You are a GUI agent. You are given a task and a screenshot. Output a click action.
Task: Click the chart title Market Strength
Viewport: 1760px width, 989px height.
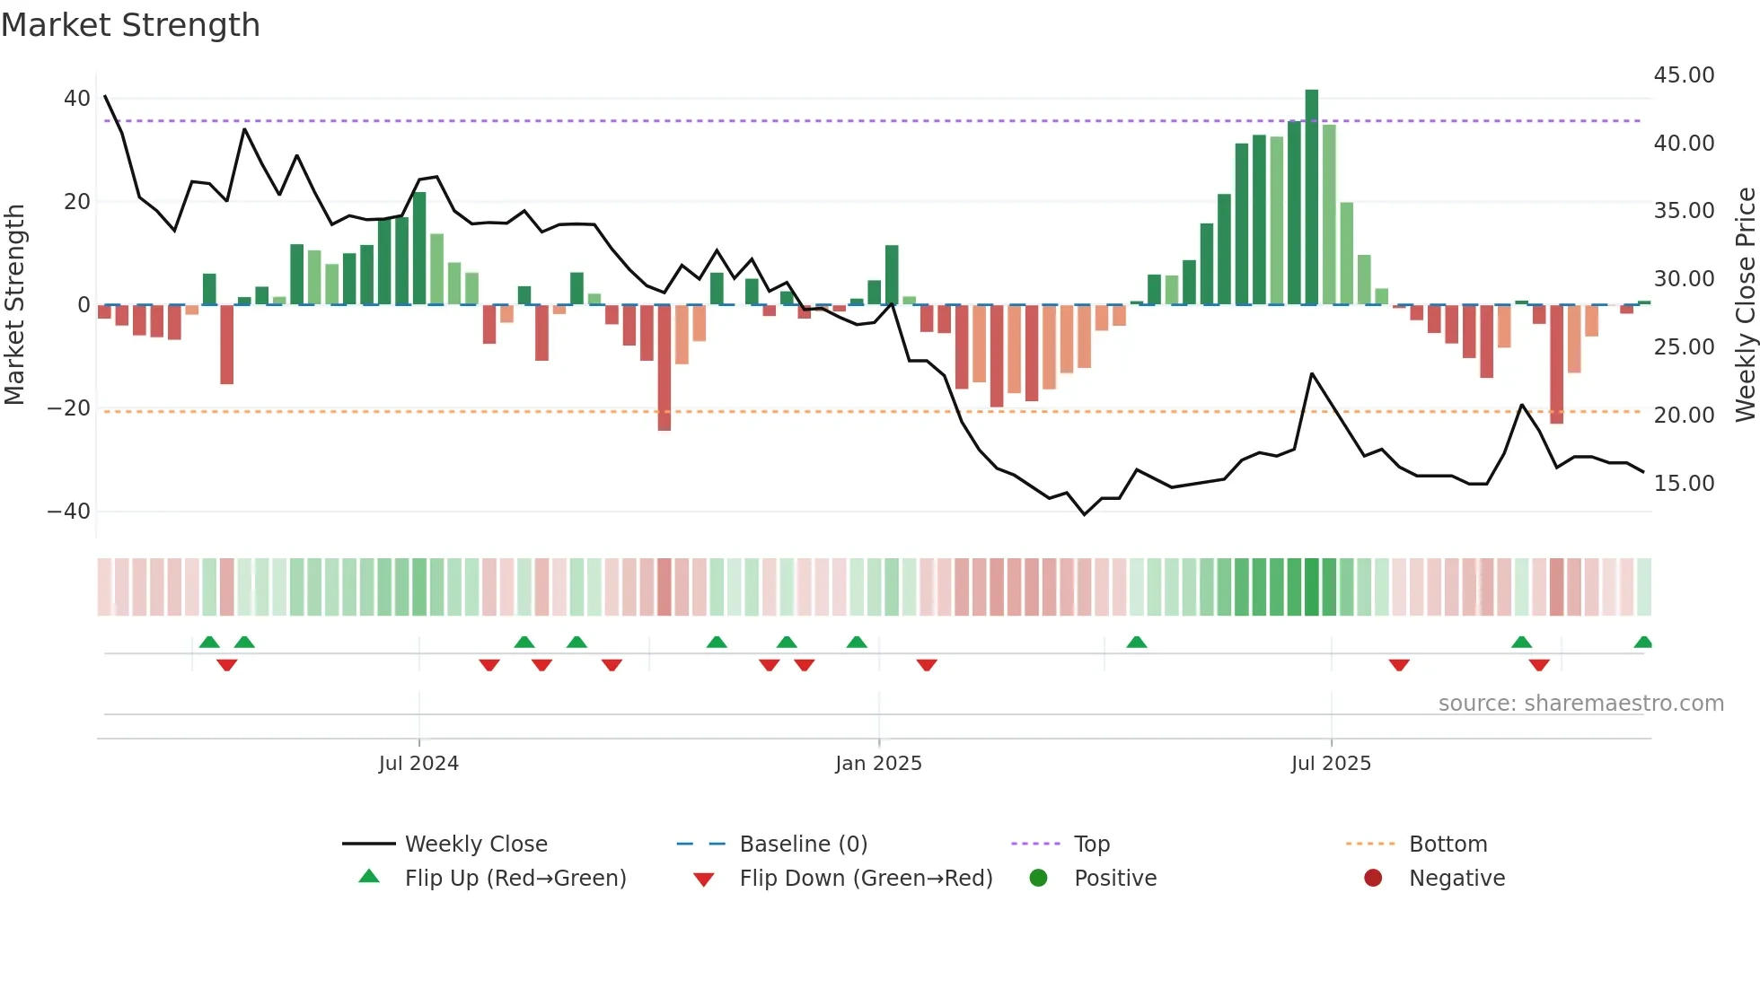[x=131, y=25]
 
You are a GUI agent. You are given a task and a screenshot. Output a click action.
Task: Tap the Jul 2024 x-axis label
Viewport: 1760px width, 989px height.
[x=418, y=764]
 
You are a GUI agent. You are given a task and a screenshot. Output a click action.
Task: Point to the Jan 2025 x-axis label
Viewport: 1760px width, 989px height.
[x=878, y=764]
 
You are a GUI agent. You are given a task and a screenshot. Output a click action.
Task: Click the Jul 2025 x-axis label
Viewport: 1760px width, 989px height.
[x=1331, y=764]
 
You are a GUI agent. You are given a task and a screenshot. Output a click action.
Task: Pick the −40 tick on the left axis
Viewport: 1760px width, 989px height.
[x=69, y=512]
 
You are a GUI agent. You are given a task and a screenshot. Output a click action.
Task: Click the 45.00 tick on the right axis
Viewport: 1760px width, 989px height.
[x=1684, y=75]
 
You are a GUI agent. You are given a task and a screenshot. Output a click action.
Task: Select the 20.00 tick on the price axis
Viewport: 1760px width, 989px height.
[x=1684, y=416]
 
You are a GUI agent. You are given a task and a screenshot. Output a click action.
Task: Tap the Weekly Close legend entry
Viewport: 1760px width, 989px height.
[x=476, y=845]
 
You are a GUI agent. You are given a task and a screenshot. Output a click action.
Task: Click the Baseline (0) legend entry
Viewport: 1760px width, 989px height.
[x=803, y=845]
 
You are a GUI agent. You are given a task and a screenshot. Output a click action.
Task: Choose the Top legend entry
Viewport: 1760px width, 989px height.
[x=1092, y=845]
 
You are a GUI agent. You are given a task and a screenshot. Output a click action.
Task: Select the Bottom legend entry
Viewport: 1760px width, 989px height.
[x=1448, y=845]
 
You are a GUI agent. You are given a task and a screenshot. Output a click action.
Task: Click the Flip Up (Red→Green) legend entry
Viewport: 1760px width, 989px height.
[x=515, y=879]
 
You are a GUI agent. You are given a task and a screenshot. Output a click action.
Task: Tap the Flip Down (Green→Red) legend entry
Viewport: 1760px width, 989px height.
[x=866, y=879]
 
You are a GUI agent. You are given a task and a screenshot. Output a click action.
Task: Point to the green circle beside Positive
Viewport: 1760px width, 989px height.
[x=1039, y=879]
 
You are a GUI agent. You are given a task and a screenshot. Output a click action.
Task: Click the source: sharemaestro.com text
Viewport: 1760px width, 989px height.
[x=1580, y=704]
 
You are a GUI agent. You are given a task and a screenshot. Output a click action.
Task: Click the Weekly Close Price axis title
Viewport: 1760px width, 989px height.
[x=1745, y=305]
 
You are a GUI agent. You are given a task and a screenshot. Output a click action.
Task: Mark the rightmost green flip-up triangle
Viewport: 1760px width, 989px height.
[x=1643, y=643]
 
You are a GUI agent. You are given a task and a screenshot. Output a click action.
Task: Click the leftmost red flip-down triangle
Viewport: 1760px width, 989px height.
[x=227, y=665]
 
